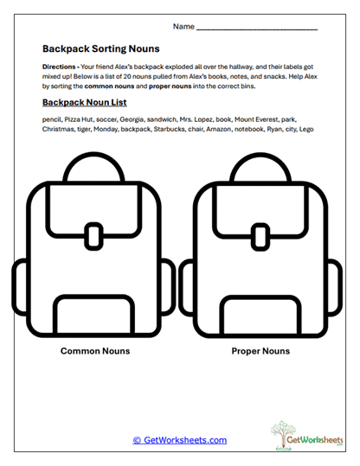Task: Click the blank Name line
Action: pyautogui.click(x=257, y=29)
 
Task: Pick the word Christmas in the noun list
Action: pyautogui.click(x=59, y=130)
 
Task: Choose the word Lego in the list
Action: pyautogui.click(x=305, y=130)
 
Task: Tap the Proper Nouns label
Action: pyautogui.click(x=260, y=352)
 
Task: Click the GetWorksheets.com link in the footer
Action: pyautogui.click(x=180, y=440)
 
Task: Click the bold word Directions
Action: pyautogui.click(x=59, y=67)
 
